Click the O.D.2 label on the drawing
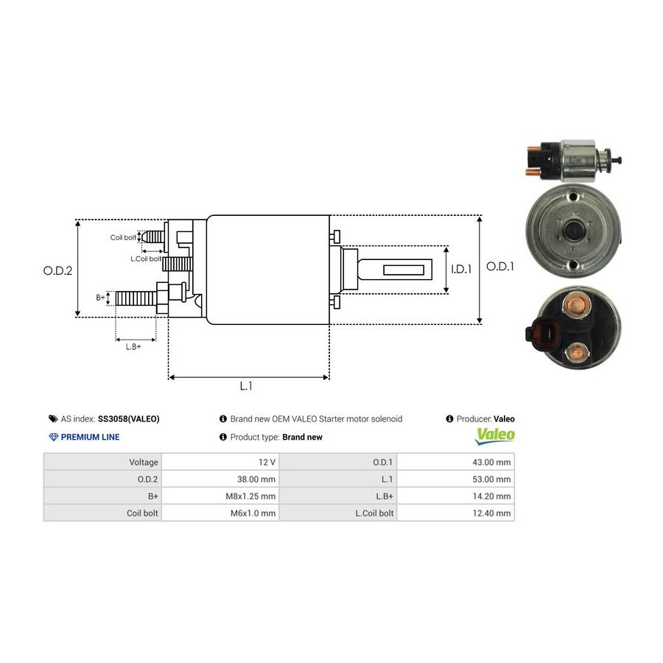(57, 270)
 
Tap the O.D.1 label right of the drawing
(500, 267)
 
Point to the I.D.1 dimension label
(461, 270)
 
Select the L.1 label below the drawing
(246, 385)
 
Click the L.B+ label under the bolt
(133, 346)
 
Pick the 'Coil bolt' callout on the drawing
(123, 237)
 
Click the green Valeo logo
(495, 435)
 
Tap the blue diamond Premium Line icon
(53, 437)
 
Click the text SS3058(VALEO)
(128, 418)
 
